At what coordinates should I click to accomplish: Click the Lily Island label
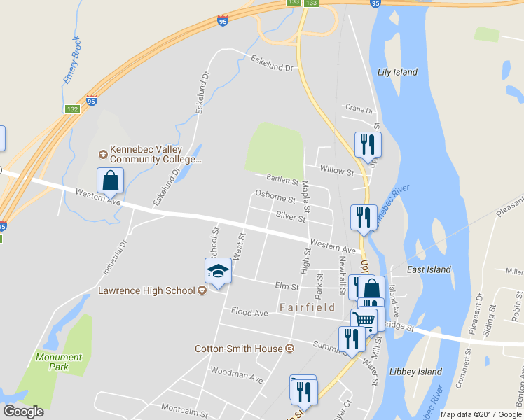click(x=397, y=72)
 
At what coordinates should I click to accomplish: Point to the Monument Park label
click(x=59, y=362)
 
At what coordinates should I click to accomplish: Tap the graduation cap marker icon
click(x=218, y=271)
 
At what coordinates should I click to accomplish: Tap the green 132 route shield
click(x=72, y=109)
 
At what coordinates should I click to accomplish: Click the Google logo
click(x=23, y=412)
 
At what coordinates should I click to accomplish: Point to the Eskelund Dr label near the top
click(x=271, y=64)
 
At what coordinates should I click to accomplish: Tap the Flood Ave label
click(x=249, y=312)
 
